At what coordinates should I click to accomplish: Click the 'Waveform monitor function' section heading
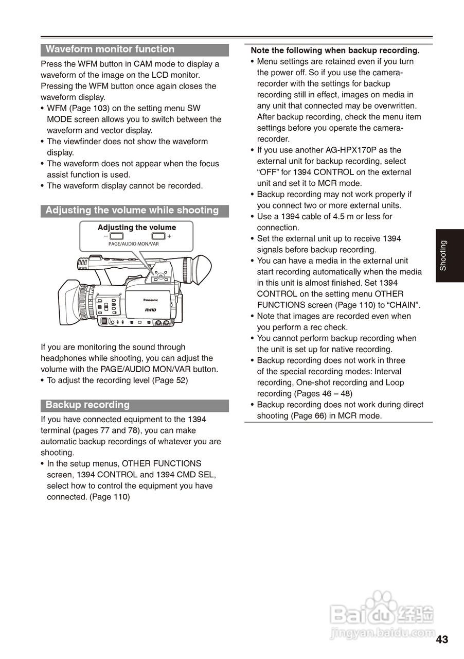click(110, 49)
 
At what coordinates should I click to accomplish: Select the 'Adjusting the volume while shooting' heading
click(132, 210)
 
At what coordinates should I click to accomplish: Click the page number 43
click(442, 639)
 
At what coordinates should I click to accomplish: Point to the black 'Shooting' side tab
click(443, 255)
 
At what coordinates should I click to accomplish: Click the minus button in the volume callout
click(117, 236)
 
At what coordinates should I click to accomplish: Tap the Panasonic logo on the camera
click(150, 300)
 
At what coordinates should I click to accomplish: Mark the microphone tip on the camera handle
click(83, 264)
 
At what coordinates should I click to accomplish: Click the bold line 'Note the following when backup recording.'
click(335, 50)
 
